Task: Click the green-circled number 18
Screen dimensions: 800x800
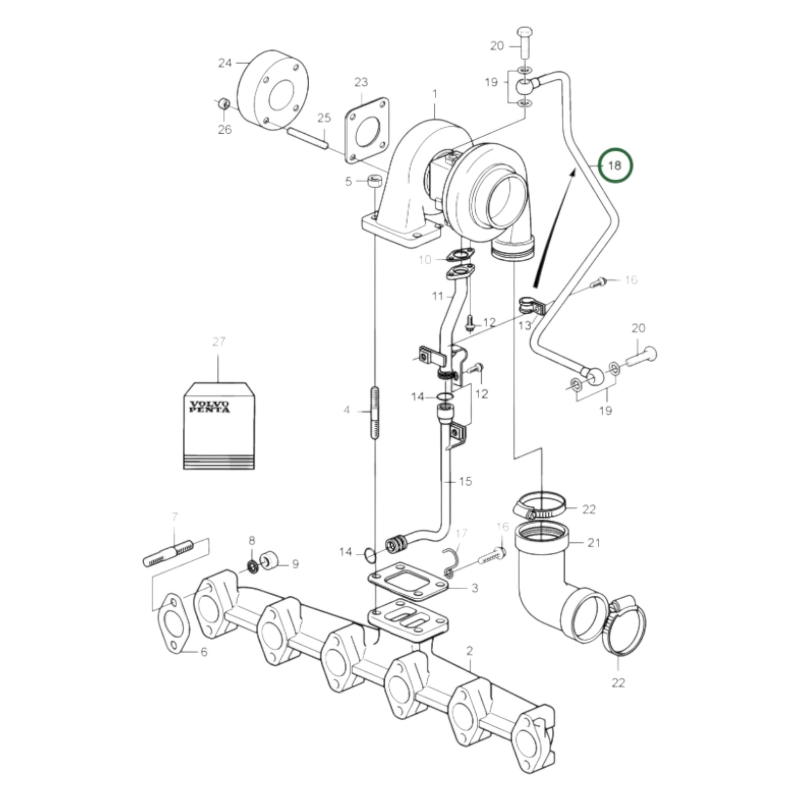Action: tap(615, 166)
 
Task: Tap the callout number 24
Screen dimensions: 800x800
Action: tap(225, 63)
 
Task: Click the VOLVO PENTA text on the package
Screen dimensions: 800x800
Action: tap(210, 406)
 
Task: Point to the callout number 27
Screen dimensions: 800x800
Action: tap(219, 342)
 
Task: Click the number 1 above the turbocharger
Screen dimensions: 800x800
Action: tap(435, 95)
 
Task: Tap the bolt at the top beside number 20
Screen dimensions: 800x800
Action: tap(524, 42)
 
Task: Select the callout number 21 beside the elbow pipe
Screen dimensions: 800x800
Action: tap(594, 542)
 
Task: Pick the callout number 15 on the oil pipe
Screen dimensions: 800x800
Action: tap(465, 481)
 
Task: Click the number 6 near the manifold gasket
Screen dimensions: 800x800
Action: tap(204, 652)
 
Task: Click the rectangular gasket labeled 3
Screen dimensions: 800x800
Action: tap(409, 581)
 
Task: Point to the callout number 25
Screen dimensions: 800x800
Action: tap(324, 118)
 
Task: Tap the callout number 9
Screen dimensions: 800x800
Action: tap(295, 564)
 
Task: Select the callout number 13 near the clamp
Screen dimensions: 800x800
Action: tap(525, 326)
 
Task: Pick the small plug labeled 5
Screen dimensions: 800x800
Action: tap(375, 181)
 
